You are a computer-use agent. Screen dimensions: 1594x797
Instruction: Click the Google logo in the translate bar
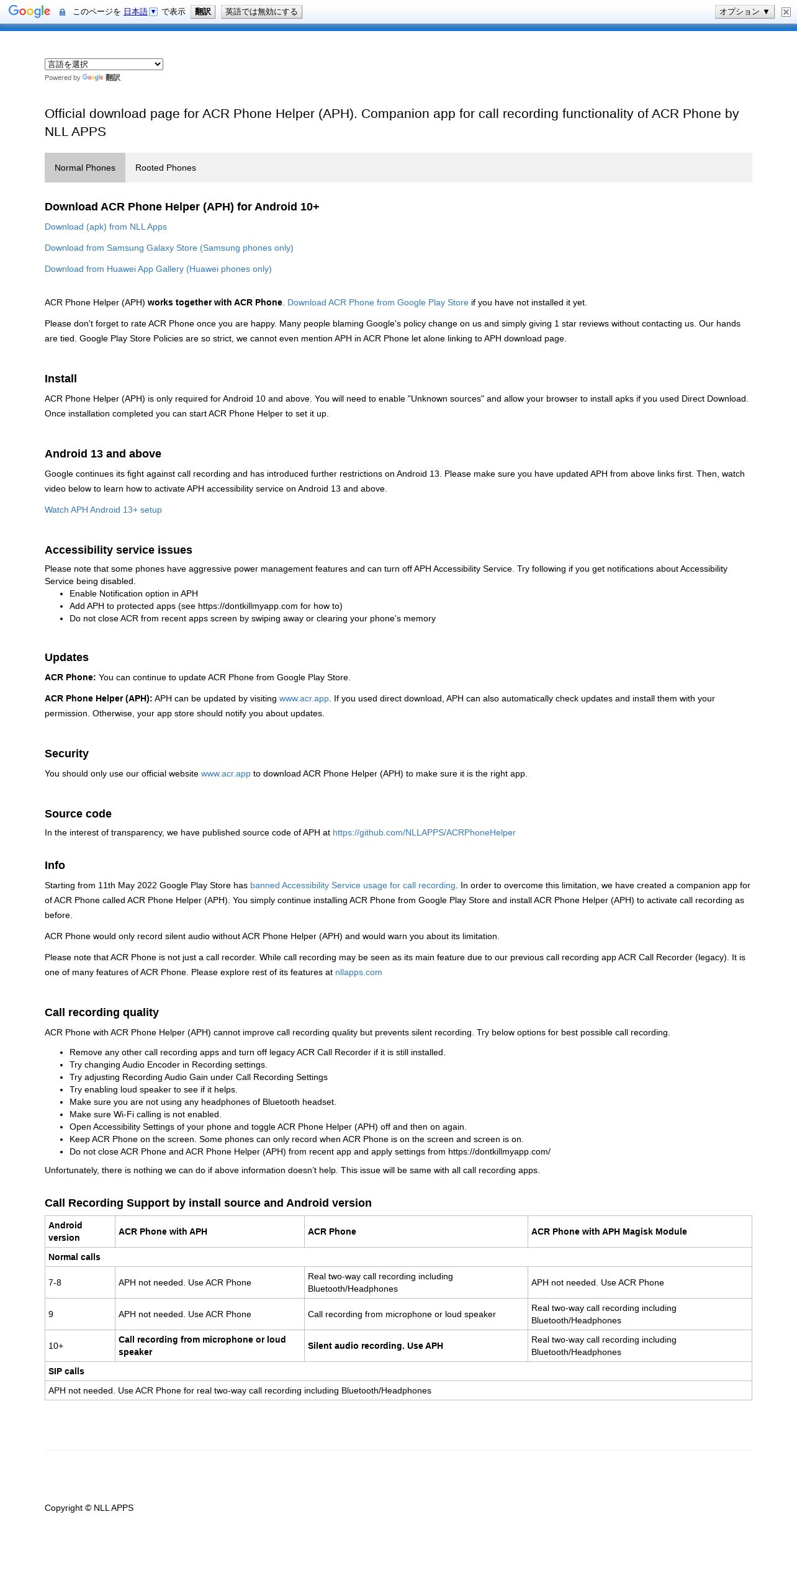[29, 12]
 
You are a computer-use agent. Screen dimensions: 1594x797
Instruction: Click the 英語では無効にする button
[261, 12]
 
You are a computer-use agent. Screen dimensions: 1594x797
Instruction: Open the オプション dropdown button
[744, 12]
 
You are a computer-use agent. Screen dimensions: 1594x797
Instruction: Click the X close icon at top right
[786, 12]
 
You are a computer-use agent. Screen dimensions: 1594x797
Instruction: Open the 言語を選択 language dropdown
[104, 64]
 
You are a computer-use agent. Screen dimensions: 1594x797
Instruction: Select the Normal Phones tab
[85, 168]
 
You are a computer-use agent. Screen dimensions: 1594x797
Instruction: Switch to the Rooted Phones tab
[166, 168]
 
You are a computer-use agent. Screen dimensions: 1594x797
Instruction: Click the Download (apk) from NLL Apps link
[106, 227]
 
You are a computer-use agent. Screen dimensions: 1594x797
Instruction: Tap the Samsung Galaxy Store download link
[169, 248]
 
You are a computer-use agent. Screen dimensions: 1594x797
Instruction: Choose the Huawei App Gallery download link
[158, 269]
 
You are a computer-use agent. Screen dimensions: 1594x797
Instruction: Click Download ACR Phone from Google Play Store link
[377, 302]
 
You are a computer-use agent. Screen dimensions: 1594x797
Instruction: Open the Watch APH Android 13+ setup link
[103, 510]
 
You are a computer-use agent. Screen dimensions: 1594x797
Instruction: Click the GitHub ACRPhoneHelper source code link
[424, 832]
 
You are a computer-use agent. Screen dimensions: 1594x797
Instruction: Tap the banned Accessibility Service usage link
[353, 885]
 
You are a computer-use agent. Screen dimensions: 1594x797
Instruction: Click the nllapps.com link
[358, 972]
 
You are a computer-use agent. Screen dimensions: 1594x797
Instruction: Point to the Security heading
[66, 754]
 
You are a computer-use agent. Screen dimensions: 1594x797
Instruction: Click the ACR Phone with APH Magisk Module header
[609, 1232]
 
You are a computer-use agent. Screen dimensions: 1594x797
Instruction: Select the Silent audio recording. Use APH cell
[376, 1346]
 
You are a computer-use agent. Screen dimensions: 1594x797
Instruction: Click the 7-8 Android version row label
[55, 1282]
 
